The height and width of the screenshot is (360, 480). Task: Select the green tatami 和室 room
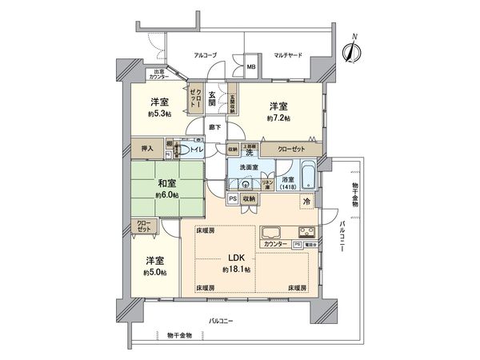[166, 189]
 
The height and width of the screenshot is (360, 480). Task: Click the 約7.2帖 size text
[279, 118]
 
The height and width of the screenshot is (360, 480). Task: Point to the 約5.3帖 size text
[159, 114]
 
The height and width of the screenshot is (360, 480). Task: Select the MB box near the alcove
[250, 68]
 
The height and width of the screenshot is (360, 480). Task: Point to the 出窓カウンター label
[164, 75]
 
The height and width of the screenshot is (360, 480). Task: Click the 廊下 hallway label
[214, 126]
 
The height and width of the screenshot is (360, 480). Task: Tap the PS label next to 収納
[233, 198]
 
